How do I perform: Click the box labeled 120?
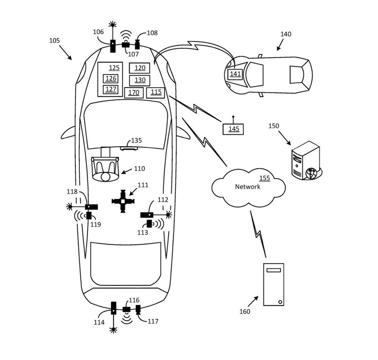click(140, 68)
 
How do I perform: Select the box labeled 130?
click(140, 80)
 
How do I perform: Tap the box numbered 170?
click(134, 93)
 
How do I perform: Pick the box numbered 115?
click(156, 92)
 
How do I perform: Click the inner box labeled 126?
click(111, 78)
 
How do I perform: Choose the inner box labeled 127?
click(111, 89)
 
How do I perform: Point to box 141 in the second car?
click(235, 74)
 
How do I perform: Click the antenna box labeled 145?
click(234, 129)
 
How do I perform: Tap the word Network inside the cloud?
click(247, 187)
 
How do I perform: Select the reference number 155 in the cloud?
click(264, 178)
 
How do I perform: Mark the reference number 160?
click(244, 311)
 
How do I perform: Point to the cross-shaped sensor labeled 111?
click(123, 201)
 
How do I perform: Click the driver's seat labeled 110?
click(105, 169)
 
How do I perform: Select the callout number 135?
click(136, 141)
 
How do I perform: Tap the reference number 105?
click(54, 41)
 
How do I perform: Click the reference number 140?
click(286, 34)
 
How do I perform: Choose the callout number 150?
click(274, 126)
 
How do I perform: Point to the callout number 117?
click(152, 321)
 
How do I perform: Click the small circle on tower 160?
click(280, 301)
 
